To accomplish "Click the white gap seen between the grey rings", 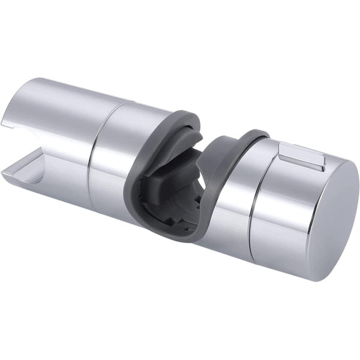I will pyautogui.click(x=207, y=135).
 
